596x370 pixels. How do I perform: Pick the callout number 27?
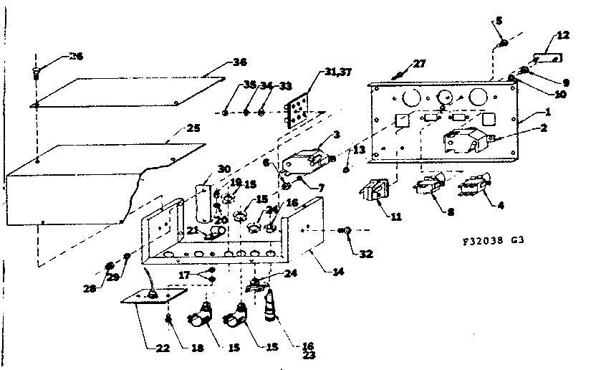[419, 65]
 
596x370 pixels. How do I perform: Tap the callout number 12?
[563, 35]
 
